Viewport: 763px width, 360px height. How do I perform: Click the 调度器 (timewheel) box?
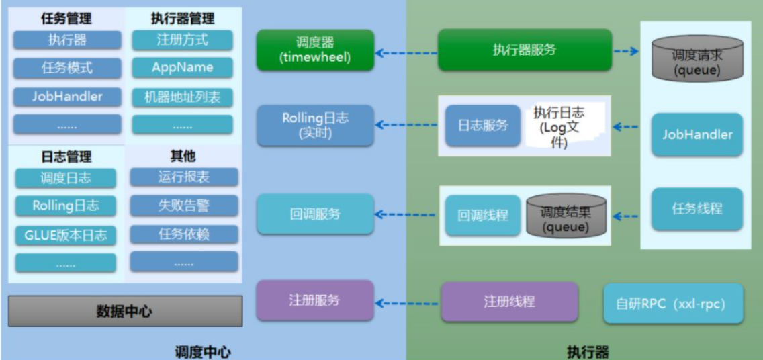click(x=315, y=49)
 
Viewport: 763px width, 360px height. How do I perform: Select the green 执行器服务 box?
click(x=525, y=50)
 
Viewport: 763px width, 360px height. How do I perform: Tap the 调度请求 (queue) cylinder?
click(x=697, y=57)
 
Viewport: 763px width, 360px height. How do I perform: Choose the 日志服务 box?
click(x=483, y=126)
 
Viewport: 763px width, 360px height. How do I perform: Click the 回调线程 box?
click(x=483, y=215)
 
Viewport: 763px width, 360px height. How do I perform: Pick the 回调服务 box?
click(x=315, y=214)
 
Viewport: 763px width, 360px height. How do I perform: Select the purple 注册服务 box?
click(x=315, y=300)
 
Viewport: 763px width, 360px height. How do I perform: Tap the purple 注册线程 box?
click(x=510, y=302)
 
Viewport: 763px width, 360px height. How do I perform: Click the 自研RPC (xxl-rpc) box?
click(x=674, y=304)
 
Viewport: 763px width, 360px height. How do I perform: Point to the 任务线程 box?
click(x=697, y=209)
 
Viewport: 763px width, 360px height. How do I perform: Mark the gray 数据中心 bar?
click(x=126, y=311)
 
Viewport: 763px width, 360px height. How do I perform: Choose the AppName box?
click(x=183, y=67)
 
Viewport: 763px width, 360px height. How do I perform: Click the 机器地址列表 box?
click(x=183, y=97)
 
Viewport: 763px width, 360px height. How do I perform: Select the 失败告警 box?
click(x=184, y=206)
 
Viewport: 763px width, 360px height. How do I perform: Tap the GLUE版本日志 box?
click(x=66, y=236)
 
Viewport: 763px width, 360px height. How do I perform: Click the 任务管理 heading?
click(x=67, y=19)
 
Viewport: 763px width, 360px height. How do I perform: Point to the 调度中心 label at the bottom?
click(x=203, y=352)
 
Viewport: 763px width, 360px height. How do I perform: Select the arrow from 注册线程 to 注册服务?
click(x=406, y=303)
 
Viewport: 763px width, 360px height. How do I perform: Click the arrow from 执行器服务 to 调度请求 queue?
click(x=626, y=50)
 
